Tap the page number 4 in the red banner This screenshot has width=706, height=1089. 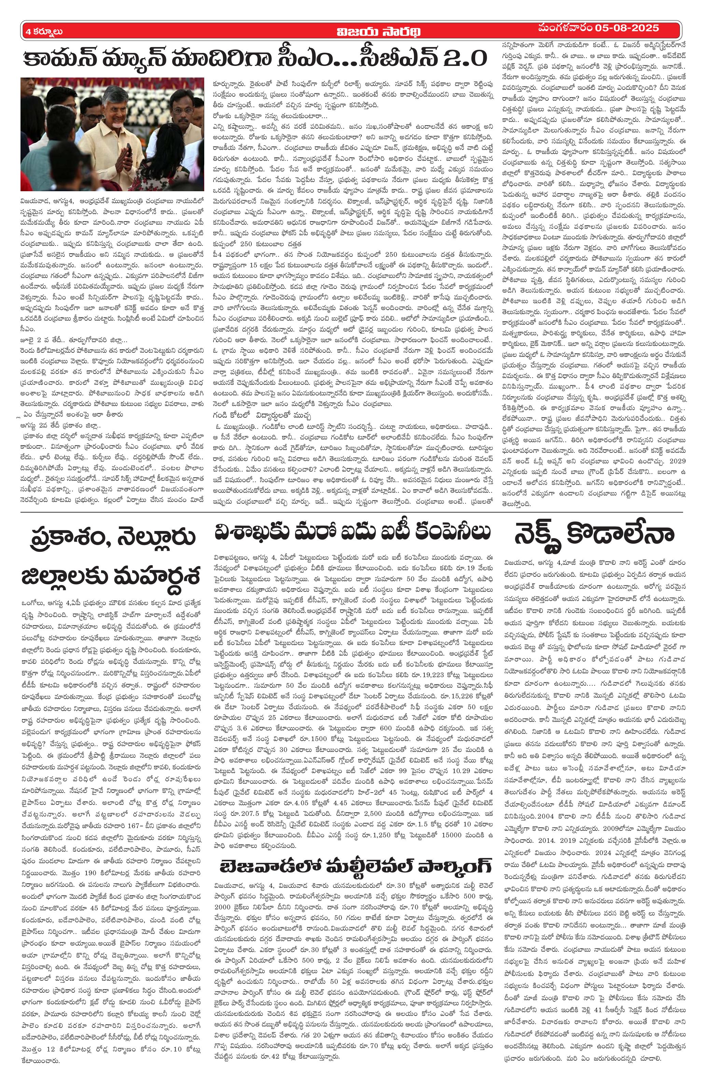pos(28,31)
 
